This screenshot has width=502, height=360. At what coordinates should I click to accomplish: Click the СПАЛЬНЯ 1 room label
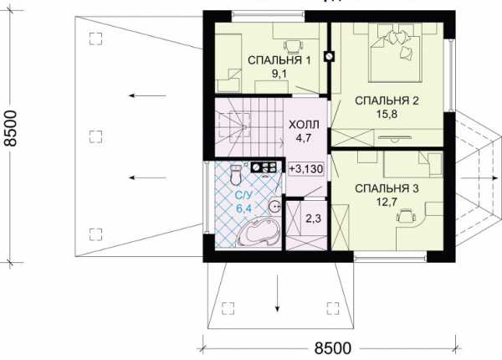pos(279,60)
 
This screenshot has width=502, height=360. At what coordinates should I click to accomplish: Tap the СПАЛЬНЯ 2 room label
pos(387,100)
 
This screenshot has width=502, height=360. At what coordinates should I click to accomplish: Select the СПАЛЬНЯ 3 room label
pos(387,188)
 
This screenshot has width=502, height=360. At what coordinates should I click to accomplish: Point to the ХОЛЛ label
pos(304,125)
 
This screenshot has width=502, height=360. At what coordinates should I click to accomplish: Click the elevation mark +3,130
pos(306,169)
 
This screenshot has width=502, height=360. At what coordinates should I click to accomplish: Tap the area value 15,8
pos(387,114)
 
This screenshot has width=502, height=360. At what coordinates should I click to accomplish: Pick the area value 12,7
pos(387,202)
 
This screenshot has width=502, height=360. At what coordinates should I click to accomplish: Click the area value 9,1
pos(279,74)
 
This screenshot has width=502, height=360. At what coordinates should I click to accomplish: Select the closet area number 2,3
pos(314,219)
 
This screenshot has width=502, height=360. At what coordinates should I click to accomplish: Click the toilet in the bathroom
pos(236,174)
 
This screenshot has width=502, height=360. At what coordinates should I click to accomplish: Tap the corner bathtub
pos(259,233)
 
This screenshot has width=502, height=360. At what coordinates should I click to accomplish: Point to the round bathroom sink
pos(274,205)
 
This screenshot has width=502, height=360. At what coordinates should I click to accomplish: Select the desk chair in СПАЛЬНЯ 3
pos(407,215)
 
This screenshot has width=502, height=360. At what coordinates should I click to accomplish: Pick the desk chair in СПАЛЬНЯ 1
pos(293,46)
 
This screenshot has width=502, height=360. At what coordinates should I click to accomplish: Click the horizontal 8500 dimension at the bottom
pos(333,348)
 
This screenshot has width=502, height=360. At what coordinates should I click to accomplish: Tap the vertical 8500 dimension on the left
pos(10,129)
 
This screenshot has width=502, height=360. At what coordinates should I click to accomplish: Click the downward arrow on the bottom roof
pos(277,293)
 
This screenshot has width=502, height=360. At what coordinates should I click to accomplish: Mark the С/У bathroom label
pos(244,195)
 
